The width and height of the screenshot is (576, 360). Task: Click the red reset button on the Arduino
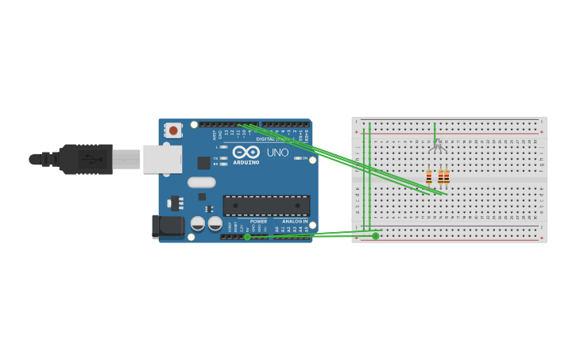coord(173,130)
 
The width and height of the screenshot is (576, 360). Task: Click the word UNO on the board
coord(277,152)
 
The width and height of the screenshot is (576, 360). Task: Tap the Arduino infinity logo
coord(245,152)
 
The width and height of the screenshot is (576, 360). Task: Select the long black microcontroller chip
coord(266,206)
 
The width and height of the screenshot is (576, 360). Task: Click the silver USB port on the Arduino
coord(162,159)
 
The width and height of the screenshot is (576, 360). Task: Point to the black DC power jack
coord(168,226)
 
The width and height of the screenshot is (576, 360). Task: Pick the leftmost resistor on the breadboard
coord(429,177)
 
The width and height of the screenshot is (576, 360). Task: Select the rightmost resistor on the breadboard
coord(446,177)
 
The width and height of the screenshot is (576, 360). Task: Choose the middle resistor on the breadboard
coord(440,177)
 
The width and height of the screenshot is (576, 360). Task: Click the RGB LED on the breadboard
coord(437,145)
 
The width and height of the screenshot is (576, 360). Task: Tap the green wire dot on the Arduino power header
coord(247,237)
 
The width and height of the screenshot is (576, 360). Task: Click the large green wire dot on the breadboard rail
coord(376,235)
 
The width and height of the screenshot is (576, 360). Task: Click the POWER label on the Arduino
coord(259,221)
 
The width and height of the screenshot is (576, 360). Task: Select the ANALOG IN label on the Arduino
coord(295,221)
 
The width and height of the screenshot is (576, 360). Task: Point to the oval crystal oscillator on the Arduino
coord(202,182)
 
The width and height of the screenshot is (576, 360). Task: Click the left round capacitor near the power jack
coord(198,224)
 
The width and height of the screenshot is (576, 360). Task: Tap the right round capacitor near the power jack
coord(215,224)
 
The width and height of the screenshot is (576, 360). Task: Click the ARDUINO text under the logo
coord(245,162)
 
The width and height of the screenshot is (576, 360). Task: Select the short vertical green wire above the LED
coord(435,130)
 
